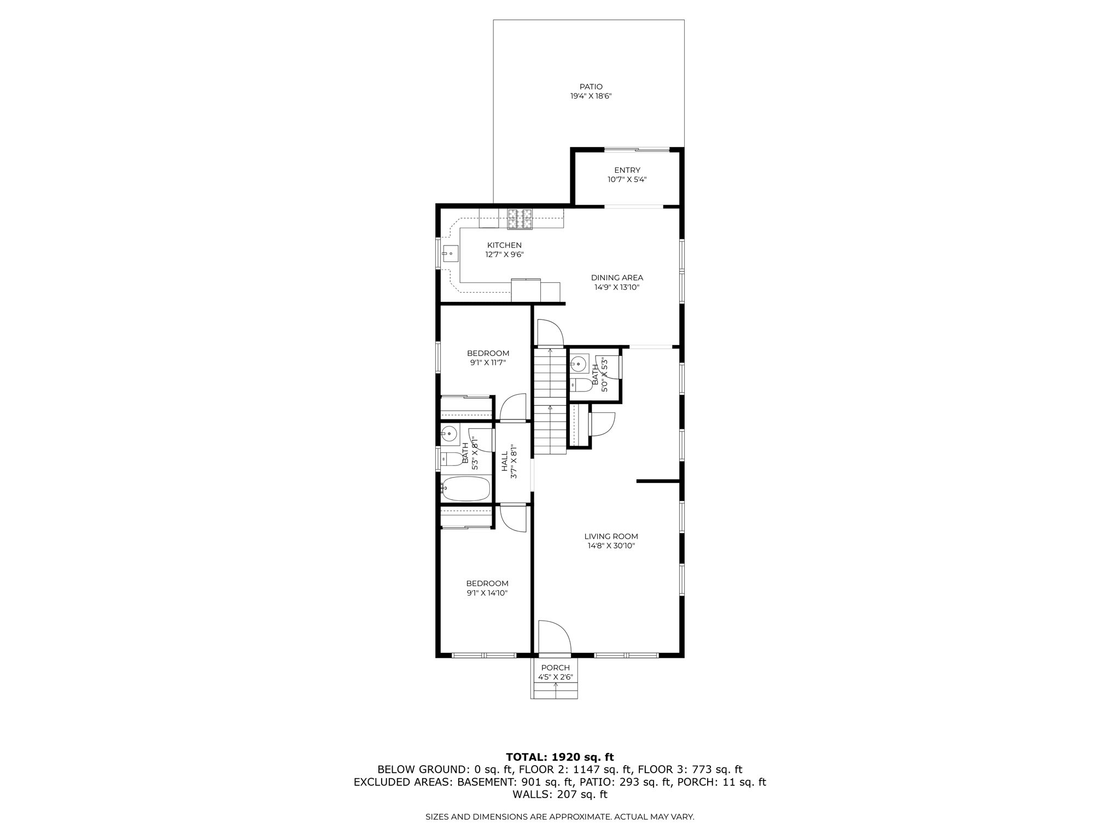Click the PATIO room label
591,86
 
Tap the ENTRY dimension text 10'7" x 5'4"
627,179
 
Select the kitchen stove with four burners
520,219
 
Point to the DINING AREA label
617,277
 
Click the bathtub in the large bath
466,488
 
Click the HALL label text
504,462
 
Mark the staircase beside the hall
550,402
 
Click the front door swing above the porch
554,637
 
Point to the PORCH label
555,668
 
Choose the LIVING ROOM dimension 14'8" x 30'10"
611,546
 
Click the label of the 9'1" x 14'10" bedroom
487,584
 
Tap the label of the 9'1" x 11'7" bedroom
488,353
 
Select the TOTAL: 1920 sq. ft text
559,757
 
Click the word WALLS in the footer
533,795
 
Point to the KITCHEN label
504,245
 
